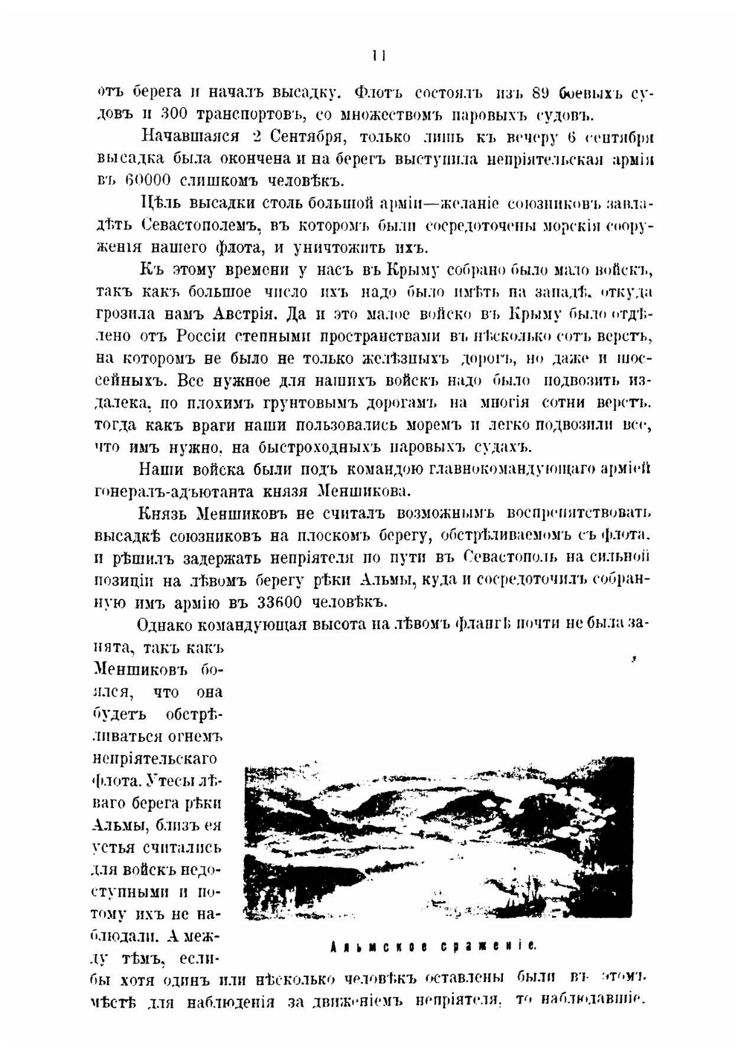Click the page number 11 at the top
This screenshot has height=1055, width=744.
pyautogui.click(x=379, y=55)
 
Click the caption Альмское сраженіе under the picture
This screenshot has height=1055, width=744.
pyautogui.click(x=434, y=947)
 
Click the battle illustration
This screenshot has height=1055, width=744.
pyautogui.click(x=439, y=839)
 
